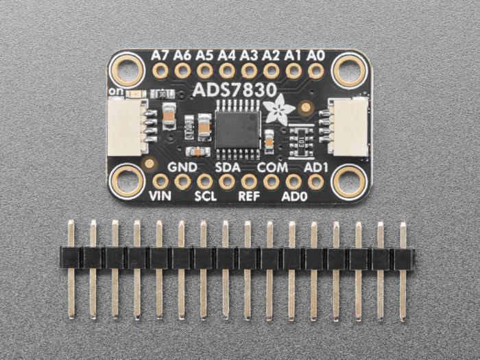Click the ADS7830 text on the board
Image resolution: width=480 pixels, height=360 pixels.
point(226,91)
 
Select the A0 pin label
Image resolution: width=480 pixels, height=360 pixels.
point(316,54)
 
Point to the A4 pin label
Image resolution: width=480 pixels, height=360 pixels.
point(227,54)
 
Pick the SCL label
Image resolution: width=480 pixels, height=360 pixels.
point(205,196)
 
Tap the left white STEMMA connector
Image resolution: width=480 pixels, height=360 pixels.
point(126,124)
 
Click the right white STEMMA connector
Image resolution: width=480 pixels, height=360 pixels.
point(348,124)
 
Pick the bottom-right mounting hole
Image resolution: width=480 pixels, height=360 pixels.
point(348,181)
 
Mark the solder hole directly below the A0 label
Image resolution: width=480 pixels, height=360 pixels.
point(316,70)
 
